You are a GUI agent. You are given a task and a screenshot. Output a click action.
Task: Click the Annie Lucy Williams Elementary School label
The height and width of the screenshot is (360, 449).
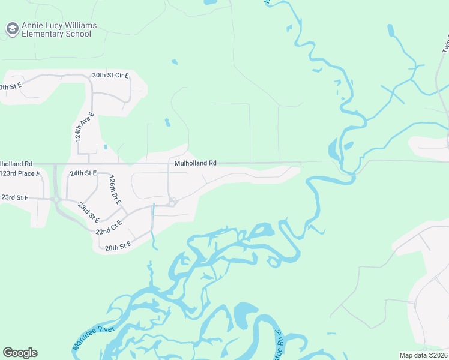pyautogui.click(x=59, y=30)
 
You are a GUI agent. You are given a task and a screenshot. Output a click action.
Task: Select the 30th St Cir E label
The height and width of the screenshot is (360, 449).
pyautogui.click(x=110, y=76)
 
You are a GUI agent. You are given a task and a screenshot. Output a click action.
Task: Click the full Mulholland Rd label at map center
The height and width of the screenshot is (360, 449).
pyautogui.click(x=195, y=163)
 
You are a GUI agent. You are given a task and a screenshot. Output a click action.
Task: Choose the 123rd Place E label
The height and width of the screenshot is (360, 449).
pyautogui.click(x=20, y=173)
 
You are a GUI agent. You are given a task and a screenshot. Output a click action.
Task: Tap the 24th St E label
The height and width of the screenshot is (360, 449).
pyautogui.click(x=83, y=173)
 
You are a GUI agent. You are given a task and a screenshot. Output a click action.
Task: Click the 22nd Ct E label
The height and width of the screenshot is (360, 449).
pyautogui.click(x=108, y=227)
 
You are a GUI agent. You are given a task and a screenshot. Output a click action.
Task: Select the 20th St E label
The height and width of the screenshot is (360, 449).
pyautogui.click(x=118, y=246)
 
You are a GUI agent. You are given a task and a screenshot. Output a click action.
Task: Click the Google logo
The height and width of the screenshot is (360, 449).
pyautogui.click(x=20, y=353)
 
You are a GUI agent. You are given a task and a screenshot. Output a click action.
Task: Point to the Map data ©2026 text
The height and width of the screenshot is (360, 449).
pyautogui.click(x=423, y=355)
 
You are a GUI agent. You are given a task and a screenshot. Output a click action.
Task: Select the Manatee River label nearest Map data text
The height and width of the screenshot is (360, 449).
pyautogui.click(x=279, y=345)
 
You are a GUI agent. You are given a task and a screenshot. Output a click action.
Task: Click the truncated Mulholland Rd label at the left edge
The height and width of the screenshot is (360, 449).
pyautogui.click(x=16, y=163)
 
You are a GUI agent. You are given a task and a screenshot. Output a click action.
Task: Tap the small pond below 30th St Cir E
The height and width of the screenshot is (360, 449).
pyautogui.click(x=167, y=123)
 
